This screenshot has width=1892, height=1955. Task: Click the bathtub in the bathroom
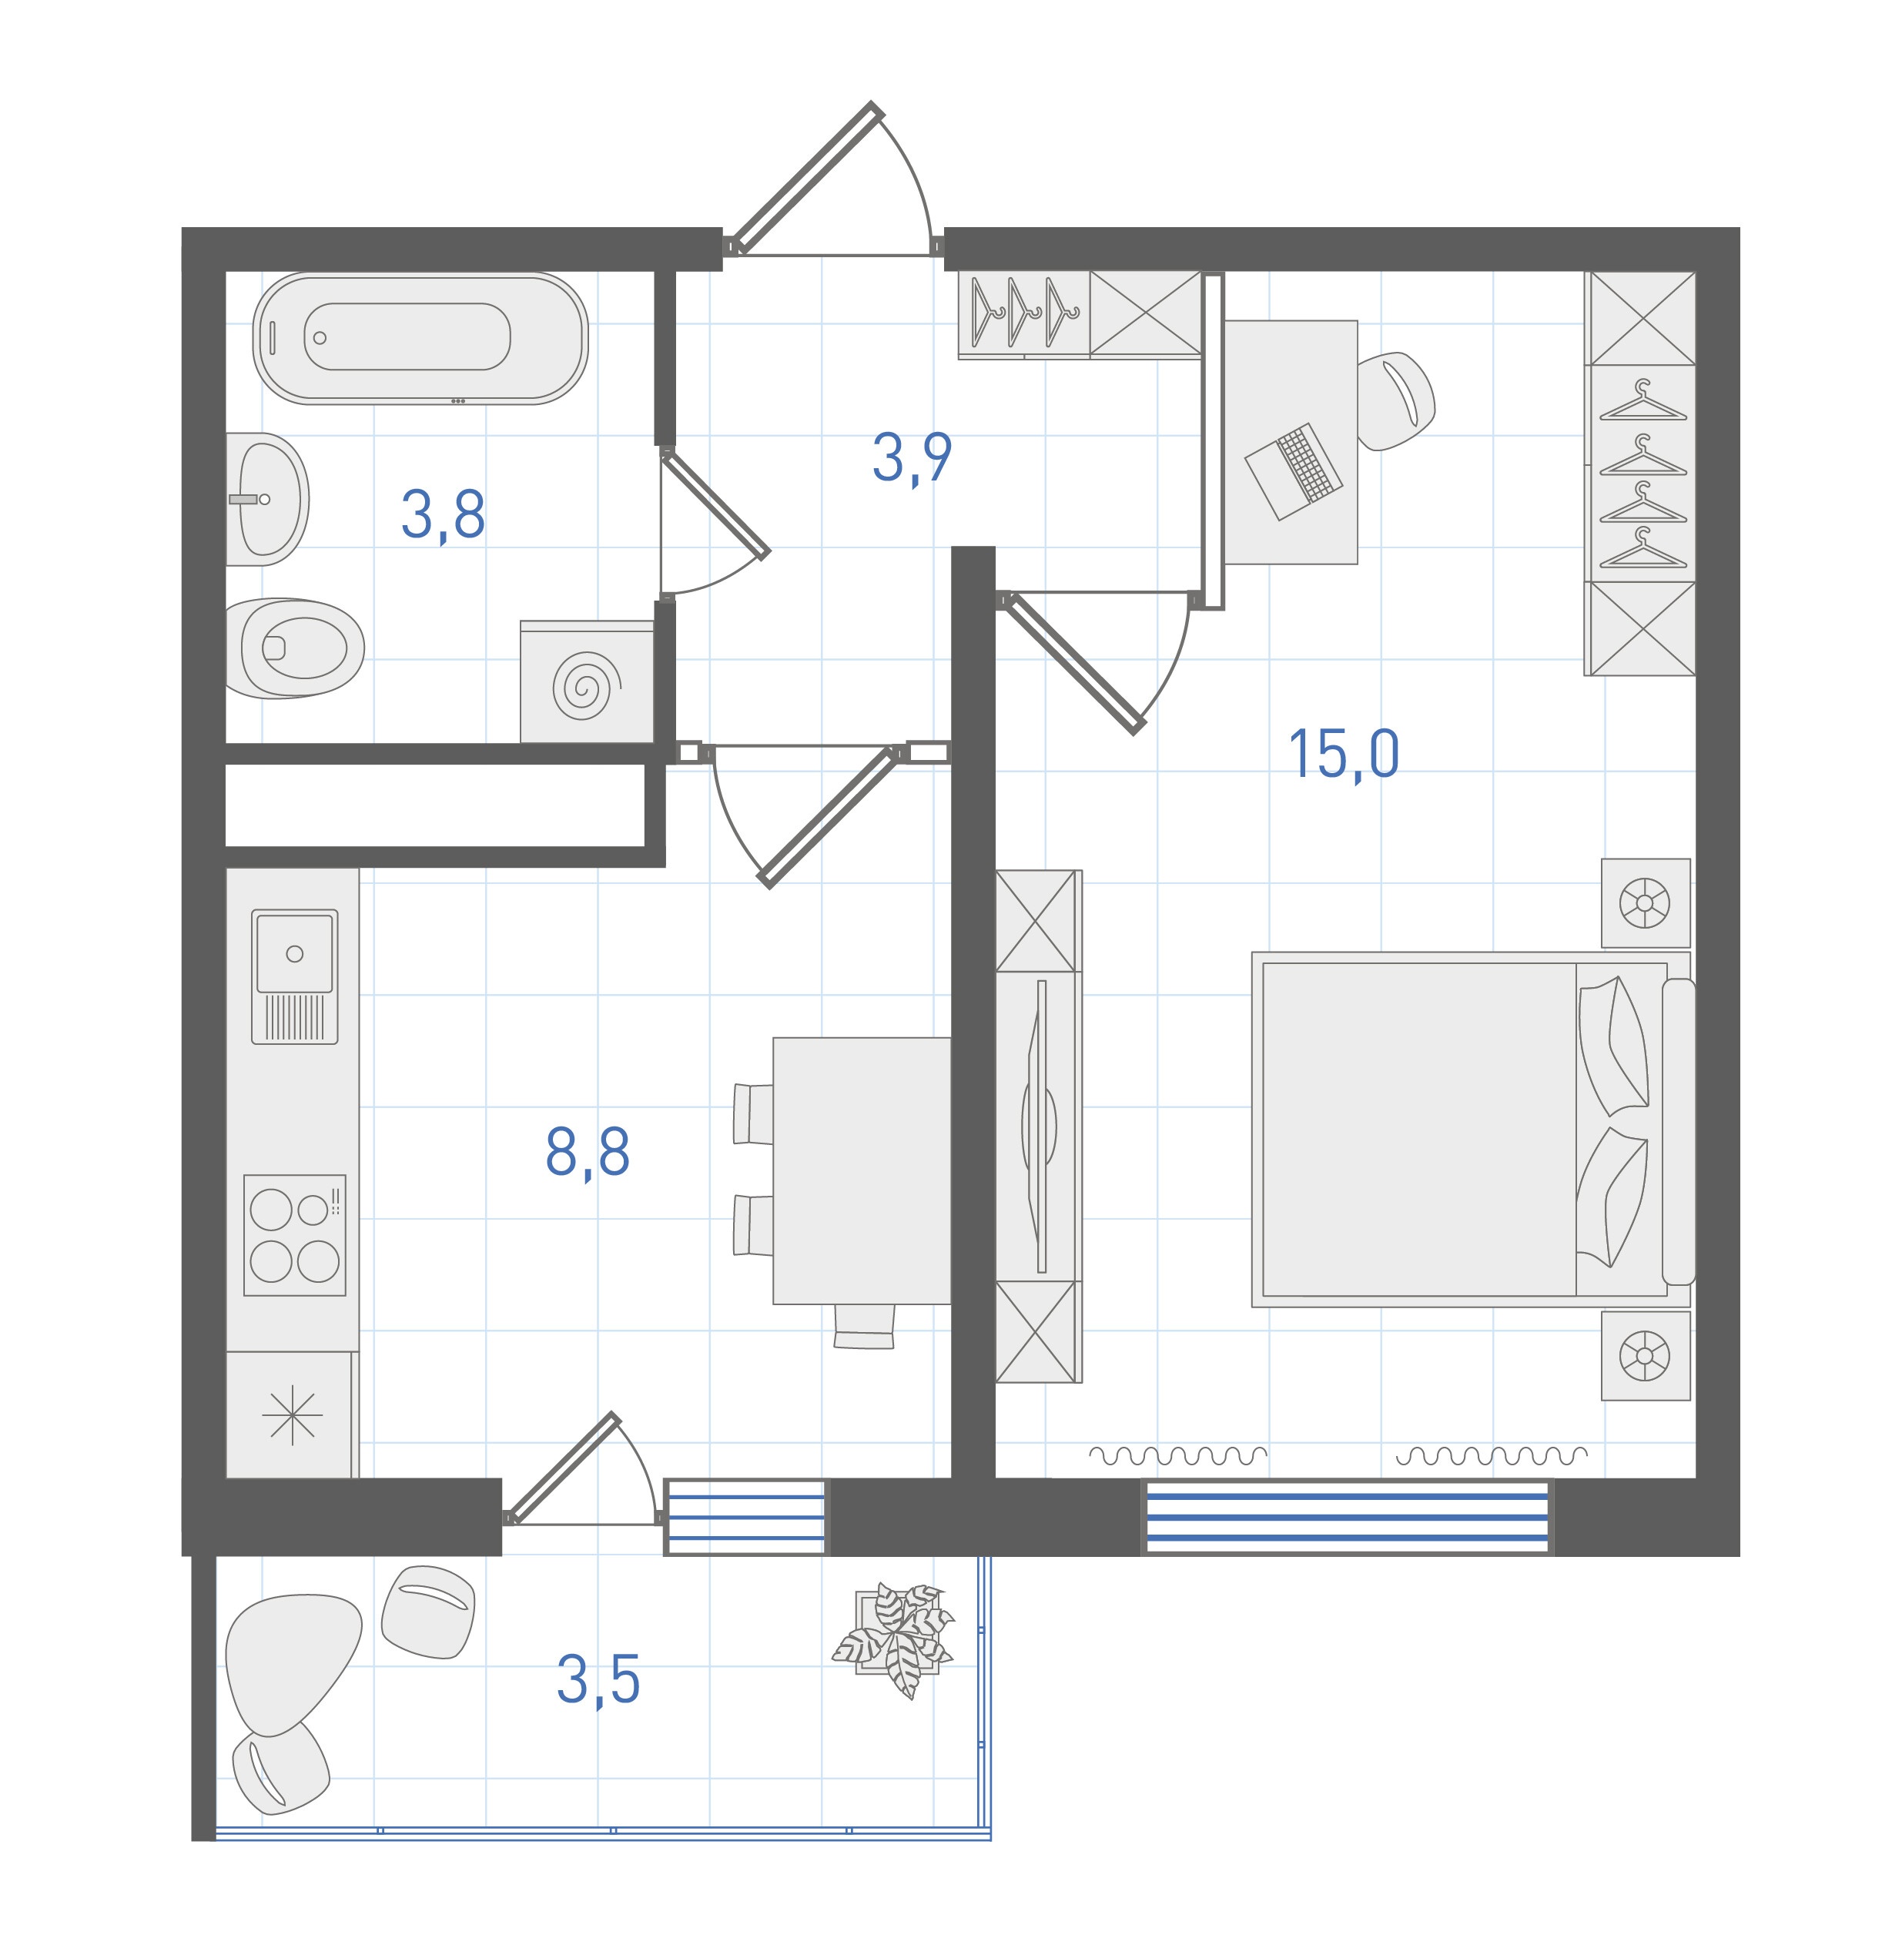[x=420, y=338]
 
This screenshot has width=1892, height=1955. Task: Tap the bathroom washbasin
[x=266, y=499]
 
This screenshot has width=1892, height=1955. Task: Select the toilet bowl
[x=294, y=648]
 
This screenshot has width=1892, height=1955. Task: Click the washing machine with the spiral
[x=587, y=682]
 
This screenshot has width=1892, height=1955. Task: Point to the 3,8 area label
[x=443, y=516]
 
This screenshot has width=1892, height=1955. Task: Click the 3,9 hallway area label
[x=912, y=458]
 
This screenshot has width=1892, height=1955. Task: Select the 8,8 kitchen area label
[x=588, y=1152]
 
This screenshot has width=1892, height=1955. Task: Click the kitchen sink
[x=294, y=976]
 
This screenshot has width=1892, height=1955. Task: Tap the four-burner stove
[x=295, y=1235]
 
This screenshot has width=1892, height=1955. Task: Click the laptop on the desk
[x=1294, y=470]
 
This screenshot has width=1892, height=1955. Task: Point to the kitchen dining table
[x=862, y=1171]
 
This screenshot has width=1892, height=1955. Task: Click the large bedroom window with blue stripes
[x=1348, y=1517]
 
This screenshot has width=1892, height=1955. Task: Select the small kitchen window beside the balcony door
[x=746, y=1517]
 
